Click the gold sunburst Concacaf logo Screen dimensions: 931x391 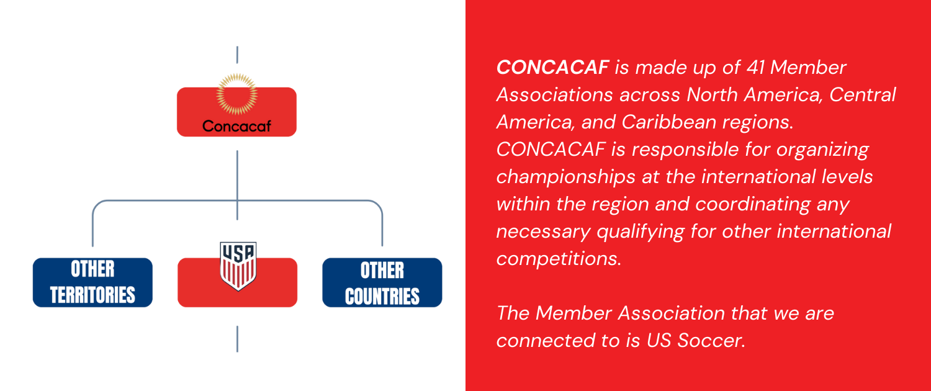[237, 94]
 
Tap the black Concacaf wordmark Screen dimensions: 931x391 [236, 126]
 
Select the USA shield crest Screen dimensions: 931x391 [238, 266]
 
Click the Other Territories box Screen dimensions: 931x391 [92, 282]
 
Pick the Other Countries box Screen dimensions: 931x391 [382, 282]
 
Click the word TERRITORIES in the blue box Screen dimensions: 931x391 [92, 295]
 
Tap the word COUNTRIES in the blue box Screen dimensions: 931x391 [382, 296]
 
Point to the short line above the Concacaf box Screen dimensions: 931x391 [237, 55]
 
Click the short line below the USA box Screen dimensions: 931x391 [237, 339]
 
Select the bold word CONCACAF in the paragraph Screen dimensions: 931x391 [553, 67]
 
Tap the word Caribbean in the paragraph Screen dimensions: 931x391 [668, 122]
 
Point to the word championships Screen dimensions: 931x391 [565, 178]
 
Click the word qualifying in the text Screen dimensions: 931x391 [641, 232]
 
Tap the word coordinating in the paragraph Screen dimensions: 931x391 [753, 205]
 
